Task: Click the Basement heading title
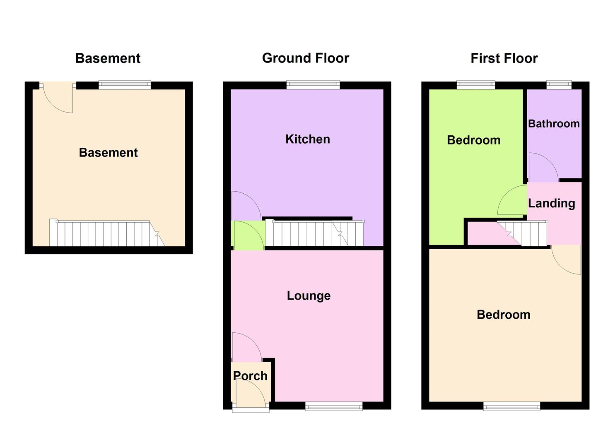(108, 58)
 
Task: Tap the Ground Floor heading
(306, 58)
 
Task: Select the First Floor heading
(504, 58)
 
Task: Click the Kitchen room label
(307, 139)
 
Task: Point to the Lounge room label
(309, 296)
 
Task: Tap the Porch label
(250, 376)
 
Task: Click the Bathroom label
(554, 124)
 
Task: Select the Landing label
(551, 203)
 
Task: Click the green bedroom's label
(473, 140)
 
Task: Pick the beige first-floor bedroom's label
(503, 315)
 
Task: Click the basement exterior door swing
(58, 98)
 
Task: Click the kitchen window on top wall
(313, 85)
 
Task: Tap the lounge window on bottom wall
(334, 406)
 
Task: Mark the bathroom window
(559, 85)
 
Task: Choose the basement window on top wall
(125, 85)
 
